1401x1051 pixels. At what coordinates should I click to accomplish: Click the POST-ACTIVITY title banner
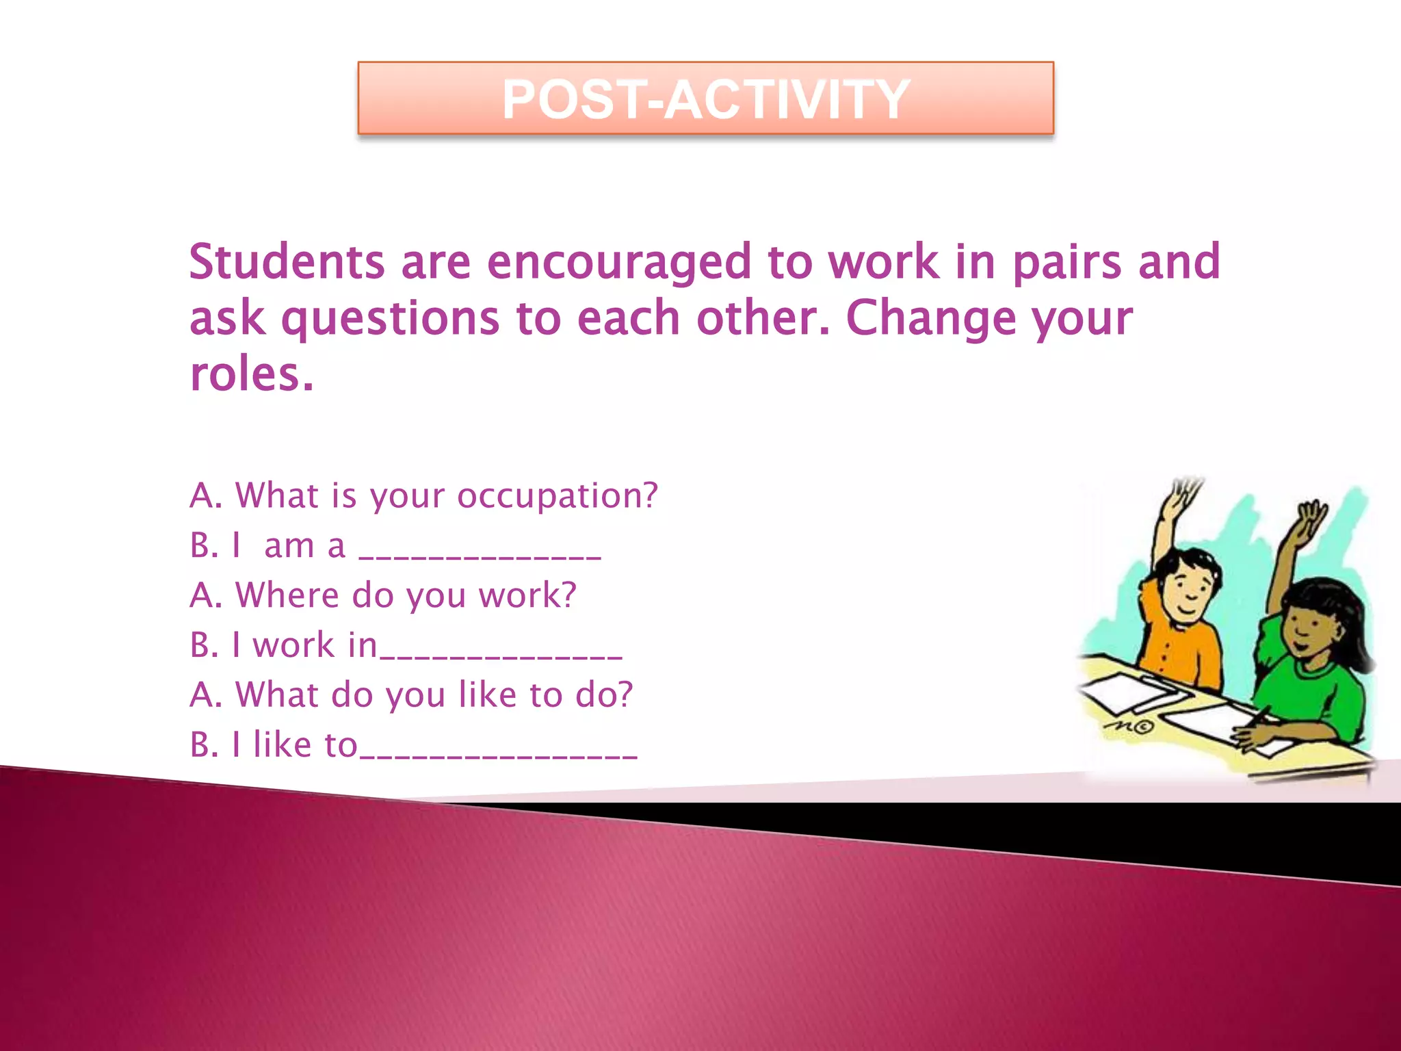click(705, 99)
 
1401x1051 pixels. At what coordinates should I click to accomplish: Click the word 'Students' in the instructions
click(287, 262)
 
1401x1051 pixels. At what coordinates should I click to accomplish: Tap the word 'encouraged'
click(619, 263)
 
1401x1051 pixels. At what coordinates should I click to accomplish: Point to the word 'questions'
click(391, 320)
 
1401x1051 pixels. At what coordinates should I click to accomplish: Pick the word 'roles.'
click(252, 375)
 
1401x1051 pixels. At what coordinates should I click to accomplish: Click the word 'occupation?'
click(557, 496)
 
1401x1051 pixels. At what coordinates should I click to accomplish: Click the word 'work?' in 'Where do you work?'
click(527, 595)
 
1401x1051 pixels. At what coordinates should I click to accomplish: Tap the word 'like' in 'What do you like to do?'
click(487, 695)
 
